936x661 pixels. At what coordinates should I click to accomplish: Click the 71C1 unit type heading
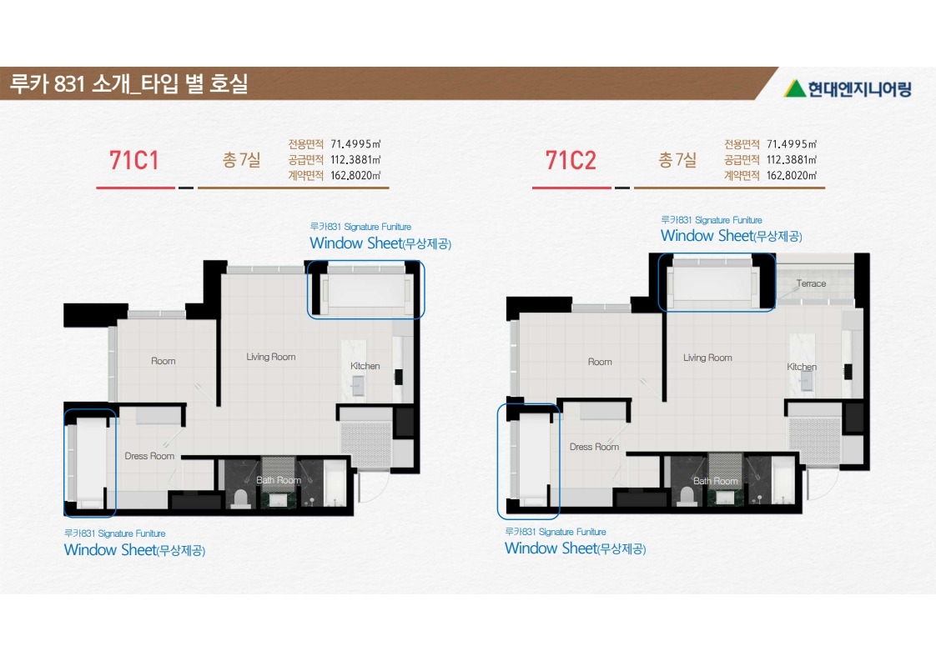tap(134, 161)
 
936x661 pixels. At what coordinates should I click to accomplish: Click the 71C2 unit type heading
tap(571, 161)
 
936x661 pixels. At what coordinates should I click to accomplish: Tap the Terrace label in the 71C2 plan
tap(811, 284)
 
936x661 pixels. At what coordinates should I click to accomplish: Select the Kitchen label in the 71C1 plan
tap(365, 366)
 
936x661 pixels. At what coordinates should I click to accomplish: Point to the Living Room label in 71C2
tap(707, 358)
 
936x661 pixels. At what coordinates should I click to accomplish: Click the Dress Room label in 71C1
tap(149, 456)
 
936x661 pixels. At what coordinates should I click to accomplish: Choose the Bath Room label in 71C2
tap(715, 481)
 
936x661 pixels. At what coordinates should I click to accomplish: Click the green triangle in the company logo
tap(794, 88)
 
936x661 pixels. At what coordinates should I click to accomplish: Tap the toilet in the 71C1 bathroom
tap(240, 498)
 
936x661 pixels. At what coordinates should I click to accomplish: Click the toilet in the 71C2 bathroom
tap(686, 497)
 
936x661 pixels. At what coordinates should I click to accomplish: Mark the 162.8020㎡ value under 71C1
tap(355, 175)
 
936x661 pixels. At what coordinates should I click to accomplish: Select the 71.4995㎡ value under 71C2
tap(792, 144)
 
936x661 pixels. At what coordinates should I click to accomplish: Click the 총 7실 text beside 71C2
tap(677, 160)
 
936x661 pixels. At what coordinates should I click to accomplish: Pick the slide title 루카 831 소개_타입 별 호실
tap(129, 83)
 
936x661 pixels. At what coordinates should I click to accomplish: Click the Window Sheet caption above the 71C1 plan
tap(380, 243)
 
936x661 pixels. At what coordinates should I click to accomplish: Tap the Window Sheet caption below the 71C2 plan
tap(575, 548)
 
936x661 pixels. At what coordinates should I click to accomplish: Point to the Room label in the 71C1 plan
tap(163, 361)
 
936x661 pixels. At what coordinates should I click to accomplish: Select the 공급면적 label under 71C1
tap(305, 160)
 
